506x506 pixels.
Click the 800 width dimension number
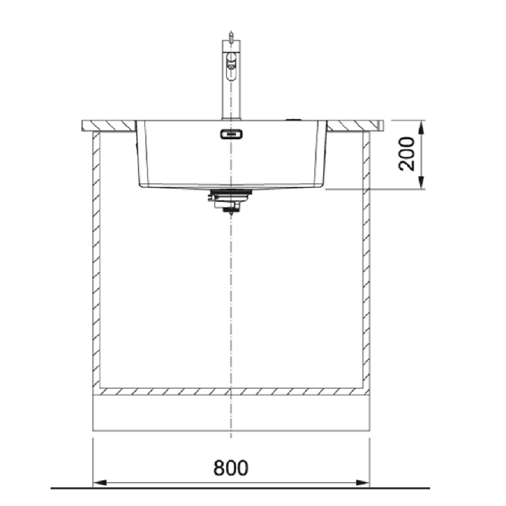(231, 468)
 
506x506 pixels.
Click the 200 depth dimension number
(406, 154)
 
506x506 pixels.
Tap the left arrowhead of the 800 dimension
(100, 483)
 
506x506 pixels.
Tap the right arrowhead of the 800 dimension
(362, 483)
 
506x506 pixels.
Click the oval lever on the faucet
(231, 66)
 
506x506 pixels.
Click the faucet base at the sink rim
(231, 119)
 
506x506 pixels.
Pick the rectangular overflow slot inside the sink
(231, 134)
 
